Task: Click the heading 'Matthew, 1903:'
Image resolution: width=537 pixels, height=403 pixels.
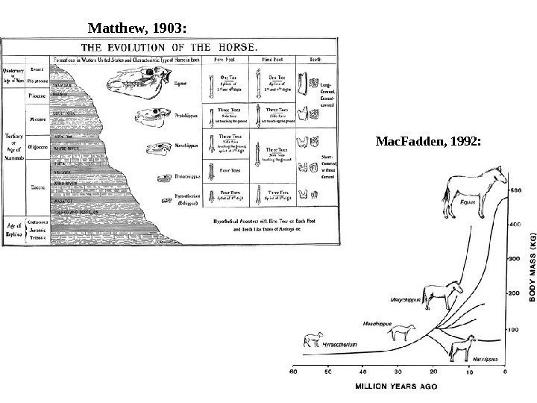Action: (139, 29)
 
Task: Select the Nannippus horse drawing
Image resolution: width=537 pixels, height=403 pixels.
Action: (462, 348)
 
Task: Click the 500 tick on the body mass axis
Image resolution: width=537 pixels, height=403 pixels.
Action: (515, 191)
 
